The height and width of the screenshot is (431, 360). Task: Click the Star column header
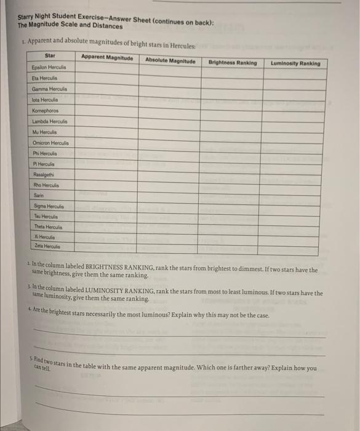50,56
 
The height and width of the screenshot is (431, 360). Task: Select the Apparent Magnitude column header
106,58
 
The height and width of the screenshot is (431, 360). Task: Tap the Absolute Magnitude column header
170,60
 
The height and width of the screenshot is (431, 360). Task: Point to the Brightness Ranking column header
233,62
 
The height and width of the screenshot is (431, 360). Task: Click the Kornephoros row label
45,110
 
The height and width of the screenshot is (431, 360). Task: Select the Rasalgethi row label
43,174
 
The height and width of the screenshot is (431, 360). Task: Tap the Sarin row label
39,195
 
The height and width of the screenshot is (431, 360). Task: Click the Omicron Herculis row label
50,142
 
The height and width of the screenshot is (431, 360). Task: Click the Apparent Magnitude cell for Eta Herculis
108,78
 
